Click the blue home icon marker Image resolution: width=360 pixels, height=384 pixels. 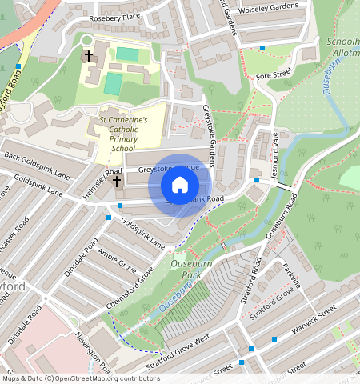click(x=180, y=186)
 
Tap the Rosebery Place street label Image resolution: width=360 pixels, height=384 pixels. click(x=114, y=16)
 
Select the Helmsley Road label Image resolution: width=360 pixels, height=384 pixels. click(x=102, y=184)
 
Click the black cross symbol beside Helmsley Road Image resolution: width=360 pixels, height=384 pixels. click(x=117, y=182)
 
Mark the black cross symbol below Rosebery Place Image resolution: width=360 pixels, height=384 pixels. click(x=90, y=57)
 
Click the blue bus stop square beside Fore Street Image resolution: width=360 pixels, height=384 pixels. click(x=263, y=48)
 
